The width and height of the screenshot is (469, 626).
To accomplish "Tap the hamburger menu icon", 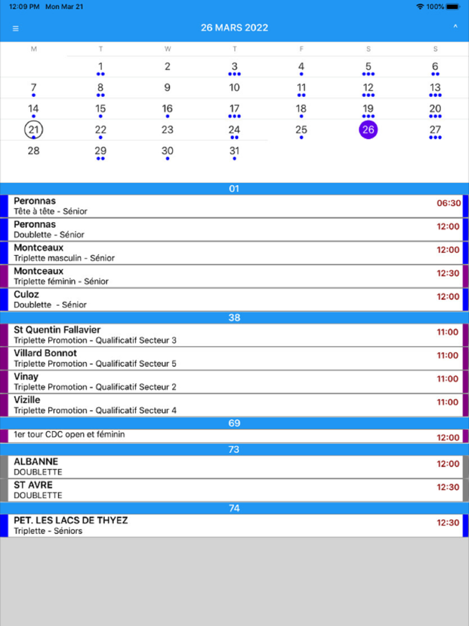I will point(15,29).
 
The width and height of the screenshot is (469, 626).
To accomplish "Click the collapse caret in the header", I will point(455,27).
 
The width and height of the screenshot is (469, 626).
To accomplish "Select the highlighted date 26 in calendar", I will point(368,130).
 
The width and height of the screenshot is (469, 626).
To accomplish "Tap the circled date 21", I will point(33,130).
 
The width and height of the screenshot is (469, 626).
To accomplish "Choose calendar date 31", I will point(234,151).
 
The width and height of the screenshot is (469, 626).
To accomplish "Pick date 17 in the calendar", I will point(234,109).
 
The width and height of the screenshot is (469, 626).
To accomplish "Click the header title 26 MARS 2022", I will point(234,28).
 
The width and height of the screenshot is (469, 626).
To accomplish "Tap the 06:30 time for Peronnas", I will point(448,203).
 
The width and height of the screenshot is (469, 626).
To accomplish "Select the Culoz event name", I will point(26,294).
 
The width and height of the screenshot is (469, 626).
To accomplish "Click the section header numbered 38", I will point(234,318).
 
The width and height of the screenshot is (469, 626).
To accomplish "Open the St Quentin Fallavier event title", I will point(57,330).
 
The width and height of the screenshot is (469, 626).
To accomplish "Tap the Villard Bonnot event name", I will point(45,353).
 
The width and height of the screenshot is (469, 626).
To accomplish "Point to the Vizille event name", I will point(27,400).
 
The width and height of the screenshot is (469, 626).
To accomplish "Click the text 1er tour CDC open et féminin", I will point(69,435).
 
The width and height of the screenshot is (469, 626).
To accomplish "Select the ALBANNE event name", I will point(36,462).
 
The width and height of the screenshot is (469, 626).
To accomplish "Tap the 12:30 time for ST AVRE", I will point(448,487).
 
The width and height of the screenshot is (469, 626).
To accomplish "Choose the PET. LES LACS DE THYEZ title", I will point(71,520).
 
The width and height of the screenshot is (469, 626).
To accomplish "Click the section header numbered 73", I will point(234,450).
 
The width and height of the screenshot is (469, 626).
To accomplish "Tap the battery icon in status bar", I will point(453,7).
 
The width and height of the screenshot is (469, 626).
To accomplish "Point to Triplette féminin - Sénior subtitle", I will point(61,282).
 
